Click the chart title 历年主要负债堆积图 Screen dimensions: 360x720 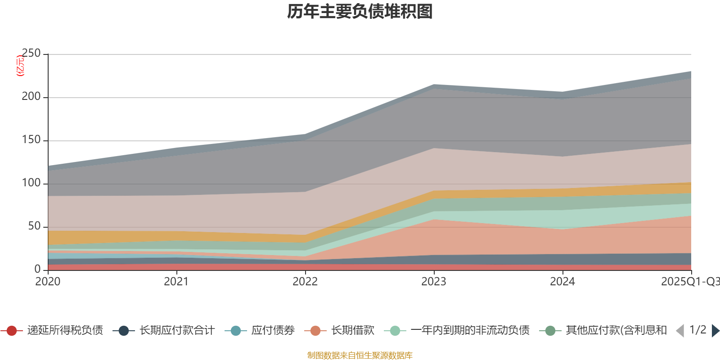tap(360, 12)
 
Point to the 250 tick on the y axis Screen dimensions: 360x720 tap(31, 53)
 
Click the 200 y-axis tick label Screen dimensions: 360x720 tap(31, 96)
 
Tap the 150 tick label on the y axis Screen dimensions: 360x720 tap(31, 139)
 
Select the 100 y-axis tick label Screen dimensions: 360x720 tap(31, 183)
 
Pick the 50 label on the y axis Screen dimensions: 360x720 tap(34, 226)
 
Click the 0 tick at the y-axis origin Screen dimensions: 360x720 tap(38, 269)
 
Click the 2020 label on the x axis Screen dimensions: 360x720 tap(48, 282)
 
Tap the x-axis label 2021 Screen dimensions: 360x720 tap(176, 282)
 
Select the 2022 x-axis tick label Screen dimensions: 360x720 tap(305, 282)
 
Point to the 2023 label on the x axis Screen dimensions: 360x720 tap(434, 282)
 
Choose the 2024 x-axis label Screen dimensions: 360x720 tap(562, 282)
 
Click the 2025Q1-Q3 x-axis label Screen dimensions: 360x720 tap(689, 282)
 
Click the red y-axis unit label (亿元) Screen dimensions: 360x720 tap(20, 66)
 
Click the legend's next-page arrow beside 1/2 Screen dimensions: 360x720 tap(715, 331)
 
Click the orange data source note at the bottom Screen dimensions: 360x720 tap(360, 355)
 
